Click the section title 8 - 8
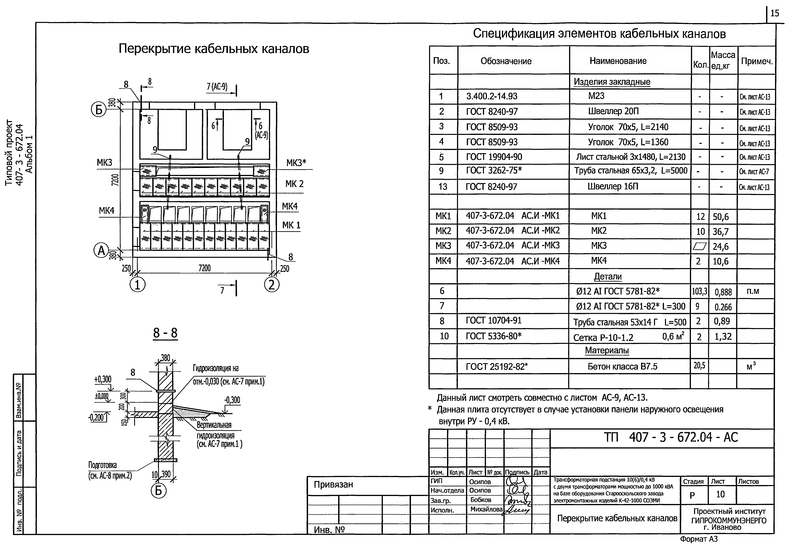[x=165, y=333]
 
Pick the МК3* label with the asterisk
[x=296, y=163]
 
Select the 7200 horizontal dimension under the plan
[x=204, y=268]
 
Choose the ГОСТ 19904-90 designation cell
[x=494, y=157]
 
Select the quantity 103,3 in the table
[x=699, y=292]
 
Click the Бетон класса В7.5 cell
[x=622, y=367]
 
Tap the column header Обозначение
[x=506, y=61]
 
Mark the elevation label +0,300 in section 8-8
[x=103, y=379]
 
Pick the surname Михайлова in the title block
[x=486, y=510]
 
